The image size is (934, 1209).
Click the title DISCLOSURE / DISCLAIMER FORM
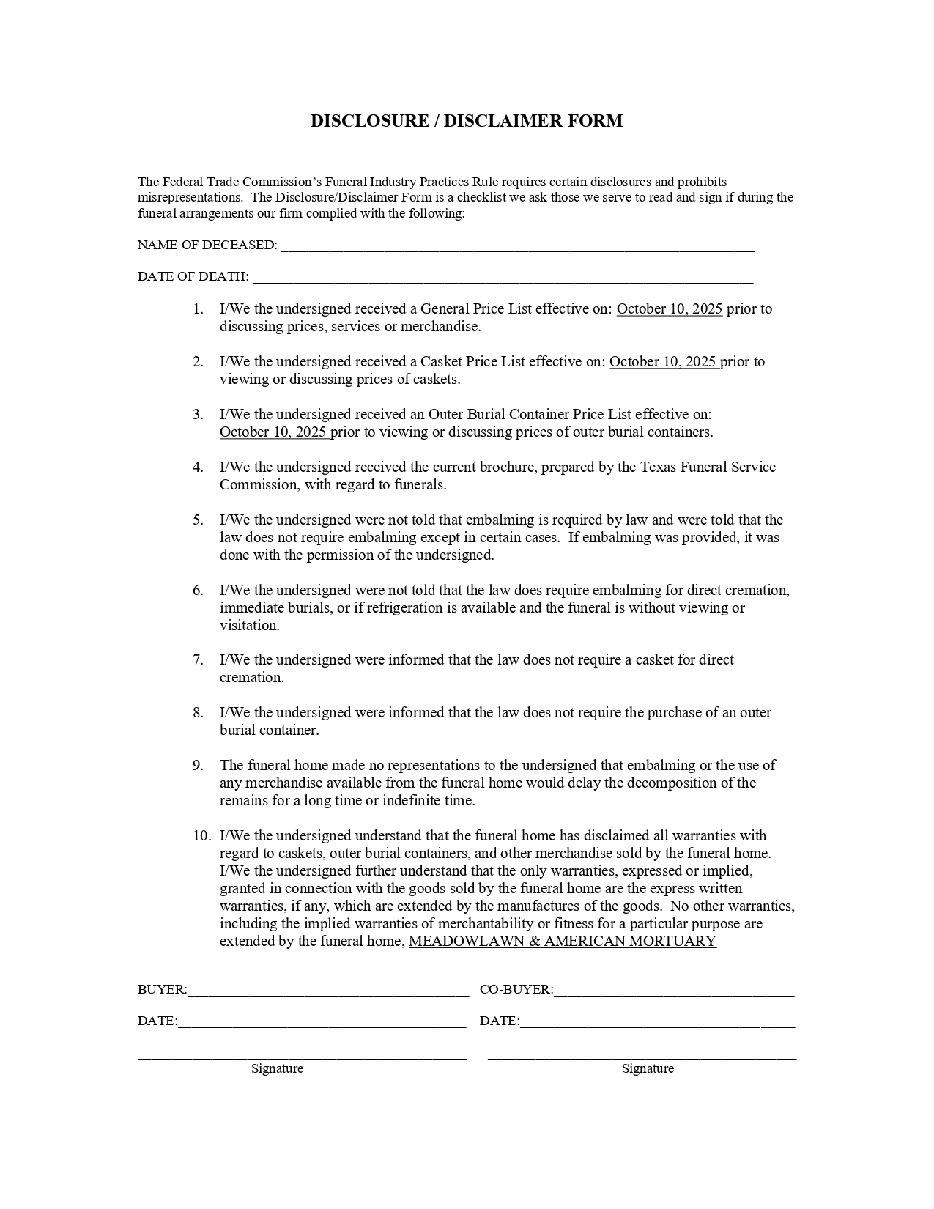(466, 121)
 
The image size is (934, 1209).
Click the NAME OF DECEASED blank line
(517, 247)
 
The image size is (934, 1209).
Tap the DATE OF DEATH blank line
(503, 278)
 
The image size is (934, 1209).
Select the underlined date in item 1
(669, 309)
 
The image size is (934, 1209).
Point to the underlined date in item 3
(274, 432)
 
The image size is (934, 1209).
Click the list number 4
(198, 467)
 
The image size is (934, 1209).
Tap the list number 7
(198, 660)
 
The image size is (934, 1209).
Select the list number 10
(201, 836)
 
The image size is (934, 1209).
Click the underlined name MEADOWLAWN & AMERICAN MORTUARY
(562, 942)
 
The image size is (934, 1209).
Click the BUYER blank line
(327, 991)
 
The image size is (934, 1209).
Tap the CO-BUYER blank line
(673, 991)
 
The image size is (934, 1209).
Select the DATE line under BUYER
(322, 1023)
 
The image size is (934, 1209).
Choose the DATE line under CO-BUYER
(657, 1023)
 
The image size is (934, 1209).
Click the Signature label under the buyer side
(277, 1068)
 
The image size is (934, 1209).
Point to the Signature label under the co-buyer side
(648, 1068)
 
